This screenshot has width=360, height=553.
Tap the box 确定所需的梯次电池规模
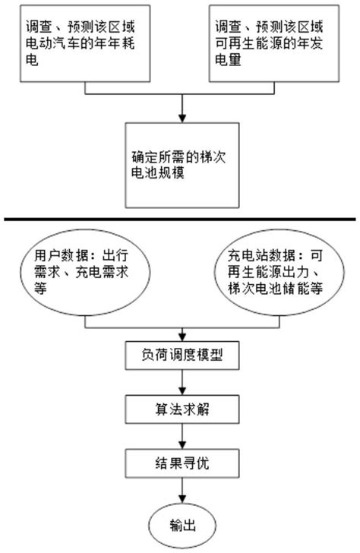coord(180,165)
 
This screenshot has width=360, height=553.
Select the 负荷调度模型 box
coord(180,354)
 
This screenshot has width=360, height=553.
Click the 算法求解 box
coord(180,409)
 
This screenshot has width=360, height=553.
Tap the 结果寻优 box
coord(180,460)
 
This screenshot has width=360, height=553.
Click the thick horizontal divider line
coord(180,220)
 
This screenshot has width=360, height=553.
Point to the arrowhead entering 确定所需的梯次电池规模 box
coord(180,118)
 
